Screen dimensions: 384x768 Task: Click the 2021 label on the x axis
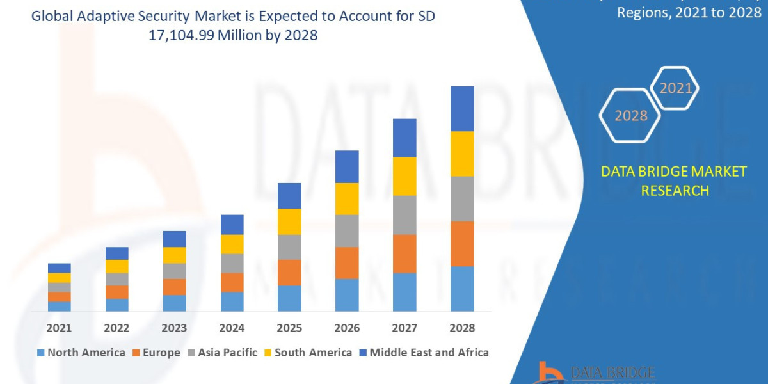pos(59,328)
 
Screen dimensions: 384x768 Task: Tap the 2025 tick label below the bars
pos(289,328)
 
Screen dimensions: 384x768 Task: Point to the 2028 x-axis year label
pos(462,328)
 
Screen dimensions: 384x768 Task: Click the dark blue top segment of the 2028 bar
pos(462,109)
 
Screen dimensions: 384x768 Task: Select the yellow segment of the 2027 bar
pos(404,176)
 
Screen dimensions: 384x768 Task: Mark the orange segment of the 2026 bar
pos(347,262)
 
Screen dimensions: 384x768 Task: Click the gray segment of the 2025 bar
pos(289,246)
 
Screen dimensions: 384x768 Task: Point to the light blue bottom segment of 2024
pos(232,301)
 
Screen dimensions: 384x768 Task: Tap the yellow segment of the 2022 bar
pos(116,266)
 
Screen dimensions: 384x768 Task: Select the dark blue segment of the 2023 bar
pos(174,239)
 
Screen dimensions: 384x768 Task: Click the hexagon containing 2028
pos(630,116)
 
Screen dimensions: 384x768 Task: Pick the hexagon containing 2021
pos(675,88)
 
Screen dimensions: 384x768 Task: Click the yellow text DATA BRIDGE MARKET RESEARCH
pos(674,180)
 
